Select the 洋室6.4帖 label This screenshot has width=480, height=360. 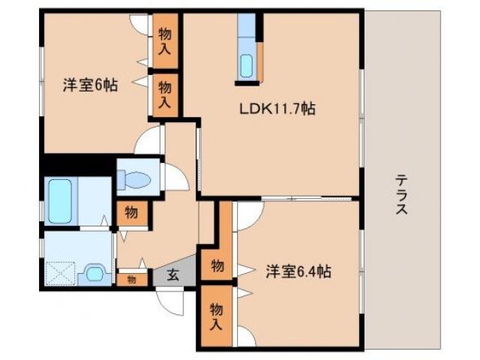[298, 271]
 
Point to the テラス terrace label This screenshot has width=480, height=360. [402, 195]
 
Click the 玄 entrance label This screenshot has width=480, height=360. [172, 275]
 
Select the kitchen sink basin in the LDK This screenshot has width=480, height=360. [247, 65]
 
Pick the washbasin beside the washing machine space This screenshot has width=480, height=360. [94, 273]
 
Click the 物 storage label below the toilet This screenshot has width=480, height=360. [131, 214]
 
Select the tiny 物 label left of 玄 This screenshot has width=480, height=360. [131, 279]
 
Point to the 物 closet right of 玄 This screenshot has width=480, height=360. [216, 265]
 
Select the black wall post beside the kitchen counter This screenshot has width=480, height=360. [260, 28]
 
